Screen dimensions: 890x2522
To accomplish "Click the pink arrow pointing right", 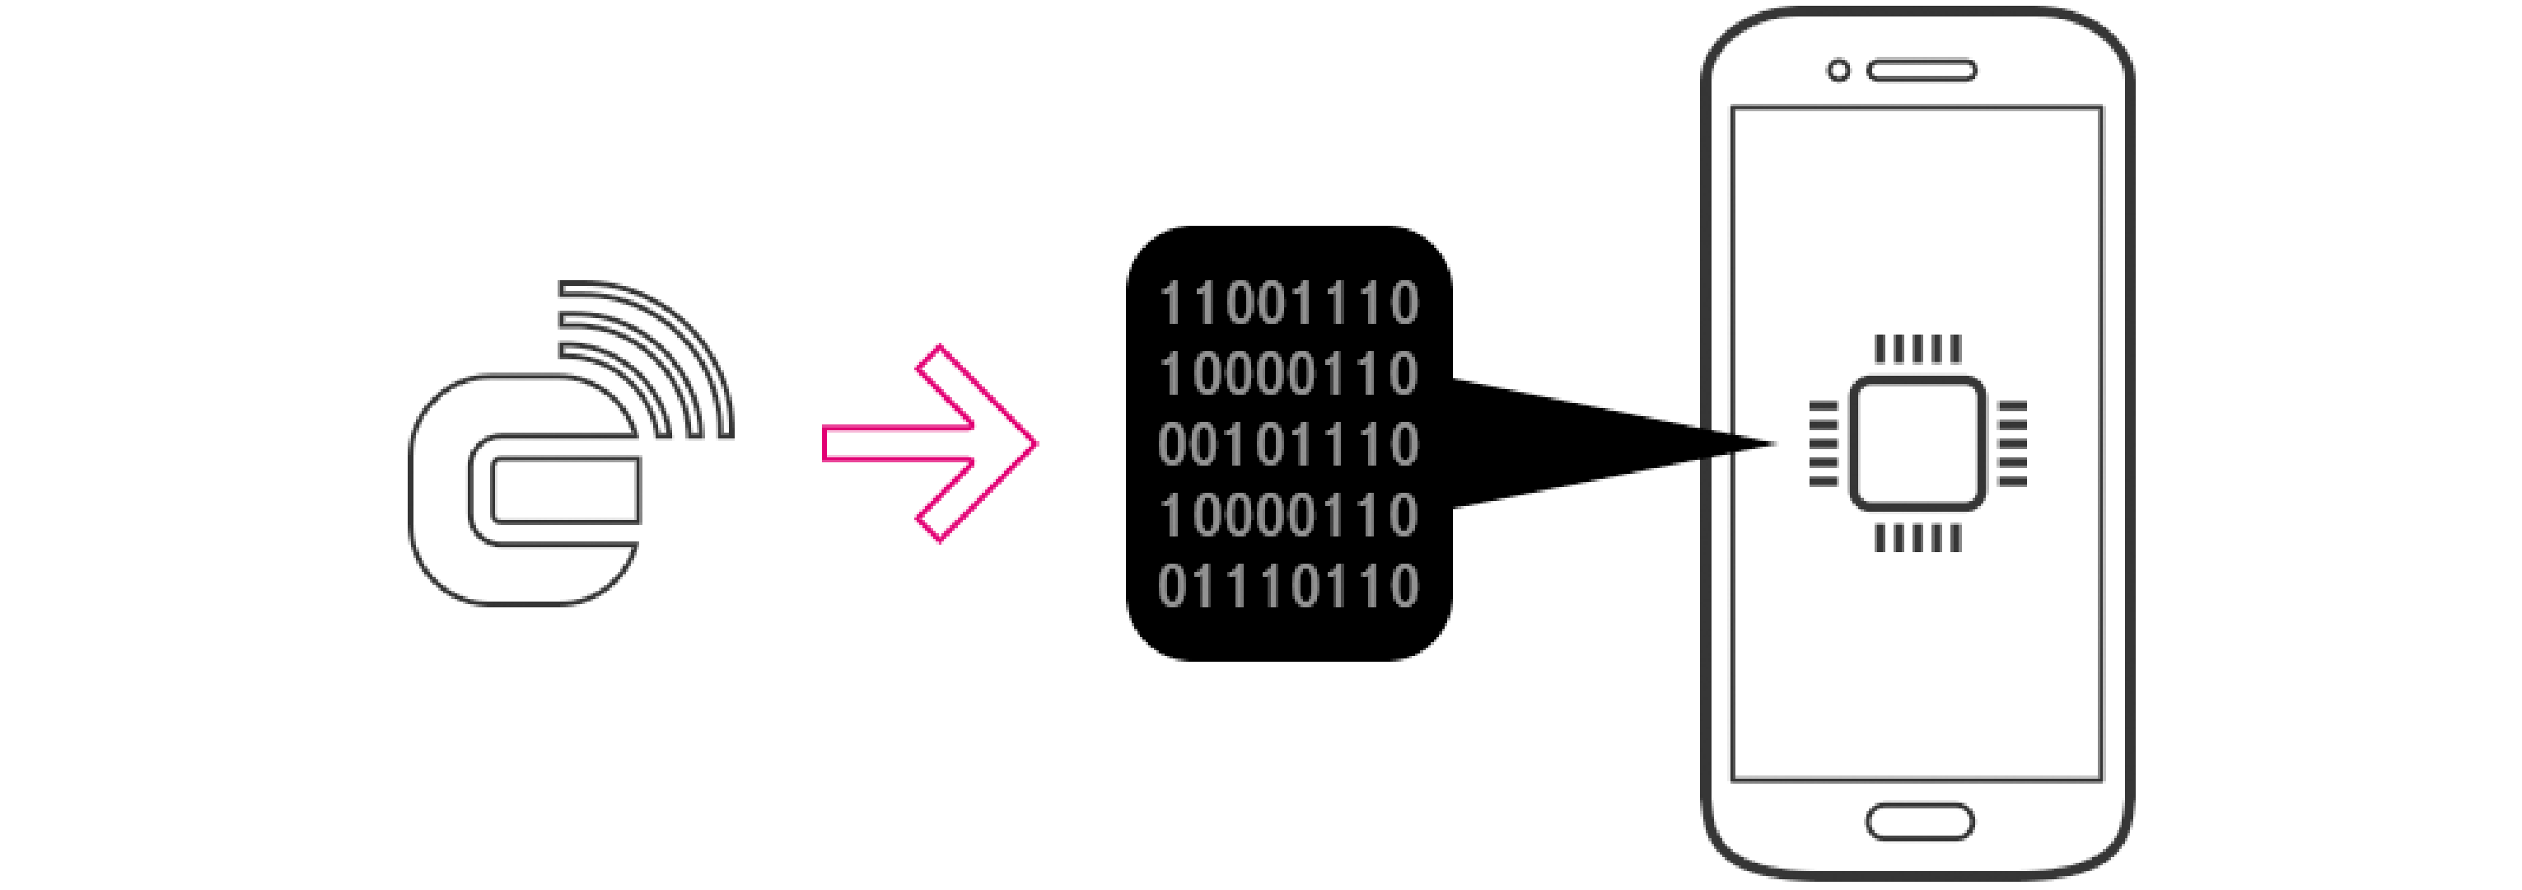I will pyautogui.click(x=930, y=443).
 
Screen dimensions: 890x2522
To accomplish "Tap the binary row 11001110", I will pyautogui.click(x=1288, y=303).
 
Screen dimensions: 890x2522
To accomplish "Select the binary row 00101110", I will pyautogui.click(x=1288, y=444).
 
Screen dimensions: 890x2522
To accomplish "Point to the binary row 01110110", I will pyautogui.click(x=1288, y=585).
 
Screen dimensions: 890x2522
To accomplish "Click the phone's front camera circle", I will pyautogui.click(x=1838, y=71).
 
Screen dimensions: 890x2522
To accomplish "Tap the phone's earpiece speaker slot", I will pyautogui.click(x=1921, y=71).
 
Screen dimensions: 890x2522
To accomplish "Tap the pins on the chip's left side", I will pyautogui.click(x=1823, y=443).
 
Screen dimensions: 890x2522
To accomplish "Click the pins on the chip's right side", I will pyautogui.click(x=2012, y=443).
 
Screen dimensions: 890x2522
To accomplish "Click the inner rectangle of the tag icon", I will pyautogui.click(x=566, y=489).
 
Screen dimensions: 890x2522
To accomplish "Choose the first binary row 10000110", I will pyautogui.click(x=1288, y=374).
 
